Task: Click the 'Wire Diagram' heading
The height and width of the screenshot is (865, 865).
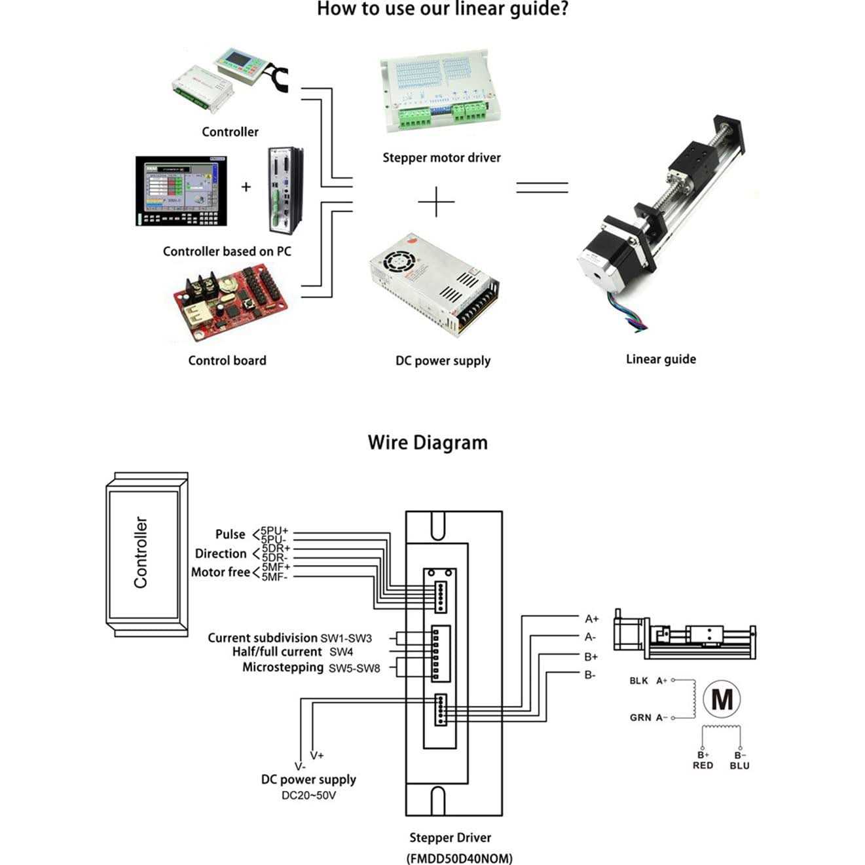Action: point(428,443)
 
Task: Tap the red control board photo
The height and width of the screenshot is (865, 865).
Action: point(230,303)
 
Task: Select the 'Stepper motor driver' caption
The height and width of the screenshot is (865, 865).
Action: point(441,158)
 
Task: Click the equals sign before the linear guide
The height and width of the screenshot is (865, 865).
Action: point(542,188)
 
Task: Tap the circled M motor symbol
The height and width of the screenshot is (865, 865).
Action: point(722,699)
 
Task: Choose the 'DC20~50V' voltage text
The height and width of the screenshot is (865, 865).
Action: point(308,796)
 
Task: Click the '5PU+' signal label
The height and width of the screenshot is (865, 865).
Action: point(274,530)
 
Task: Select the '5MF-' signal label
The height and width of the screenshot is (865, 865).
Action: point(274,577)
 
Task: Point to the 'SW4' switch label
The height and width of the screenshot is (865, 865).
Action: point(341,652)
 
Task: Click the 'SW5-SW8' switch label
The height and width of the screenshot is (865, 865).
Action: point(354,669)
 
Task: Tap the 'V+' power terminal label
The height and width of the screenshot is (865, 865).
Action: point(317,755)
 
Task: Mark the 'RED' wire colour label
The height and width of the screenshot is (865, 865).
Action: point(703,765)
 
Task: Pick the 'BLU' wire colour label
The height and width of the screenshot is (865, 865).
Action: point(739,765)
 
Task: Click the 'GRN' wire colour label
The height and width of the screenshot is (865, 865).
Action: point(640,718)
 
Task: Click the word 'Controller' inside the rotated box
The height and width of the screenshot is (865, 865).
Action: point(141,552)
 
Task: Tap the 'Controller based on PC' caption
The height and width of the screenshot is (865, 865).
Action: point(227,251)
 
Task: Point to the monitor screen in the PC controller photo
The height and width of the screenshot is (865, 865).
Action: point(181,191)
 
